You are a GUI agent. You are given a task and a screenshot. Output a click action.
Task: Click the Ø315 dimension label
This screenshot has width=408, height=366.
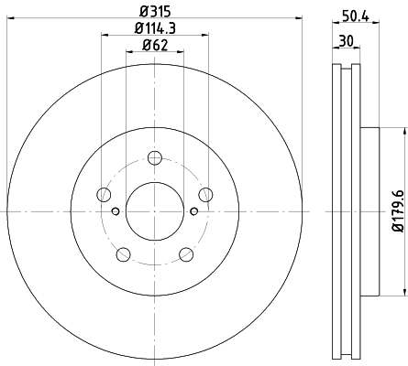click(x=154, y=12)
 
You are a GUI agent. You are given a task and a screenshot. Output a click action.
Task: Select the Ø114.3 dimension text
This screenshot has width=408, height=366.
click(x=155, y=28)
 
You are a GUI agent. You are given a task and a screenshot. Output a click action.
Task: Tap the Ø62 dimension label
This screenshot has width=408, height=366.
click(x=155, y=46)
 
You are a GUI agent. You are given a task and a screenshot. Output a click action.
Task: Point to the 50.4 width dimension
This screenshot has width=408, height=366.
click(x=356, y=16)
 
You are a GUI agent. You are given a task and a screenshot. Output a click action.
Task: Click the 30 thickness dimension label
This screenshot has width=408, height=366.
click(x=346, y=40)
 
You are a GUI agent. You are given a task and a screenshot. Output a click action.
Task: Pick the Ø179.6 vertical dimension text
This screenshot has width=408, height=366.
click(x=399, y=211)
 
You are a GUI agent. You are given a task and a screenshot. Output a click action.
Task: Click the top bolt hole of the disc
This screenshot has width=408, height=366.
click(x=154, y=157)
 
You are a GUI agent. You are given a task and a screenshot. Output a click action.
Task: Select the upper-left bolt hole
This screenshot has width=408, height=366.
click(x=104, y=195)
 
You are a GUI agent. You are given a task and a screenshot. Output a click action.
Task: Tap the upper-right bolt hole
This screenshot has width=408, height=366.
click(x=205, y=195)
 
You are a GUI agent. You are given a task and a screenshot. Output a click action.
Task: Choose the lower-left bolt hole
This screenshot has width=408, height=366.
click(x=124, y=254)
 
